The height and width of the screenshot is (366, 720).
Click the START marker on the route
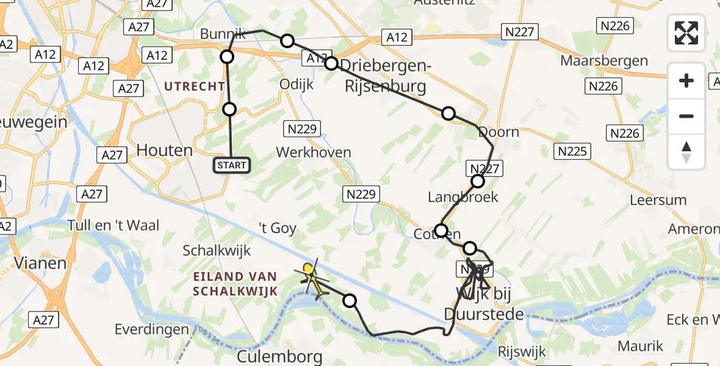click(x=232, y=165)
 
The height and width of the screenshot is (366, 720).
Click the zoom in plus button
click(x=686, y=81)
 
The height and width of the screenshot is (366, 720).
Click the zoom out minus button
click(x=686, y=116)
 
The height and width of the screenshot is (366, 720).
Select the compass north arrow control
click(x=686, y=151)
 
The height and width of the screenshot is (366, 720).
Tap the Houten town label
click(x=164, y=150)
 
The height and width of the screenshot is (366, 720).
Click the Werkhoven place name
click(x=314, y=152)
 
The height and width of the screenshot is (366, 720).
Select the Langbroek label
click(x=463, y=197)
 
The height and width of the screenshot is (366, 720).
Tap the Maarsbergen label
click(x=604, y=61)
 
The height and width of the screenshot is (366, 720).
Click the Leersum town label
click(x=658, y=200)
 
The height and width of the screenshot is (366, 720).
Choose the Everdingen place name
click(x=151, y=329)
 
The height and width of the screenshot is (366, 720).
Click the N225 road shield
click(x=571, y=151)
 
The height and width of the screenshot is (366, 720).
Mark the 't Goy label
click(x=278, y=229)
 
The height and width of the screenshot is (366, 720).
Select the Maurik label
click(x=640, y=346)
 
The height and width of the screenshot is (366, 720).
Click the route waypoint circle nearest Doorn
click(x=448, y=113)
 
